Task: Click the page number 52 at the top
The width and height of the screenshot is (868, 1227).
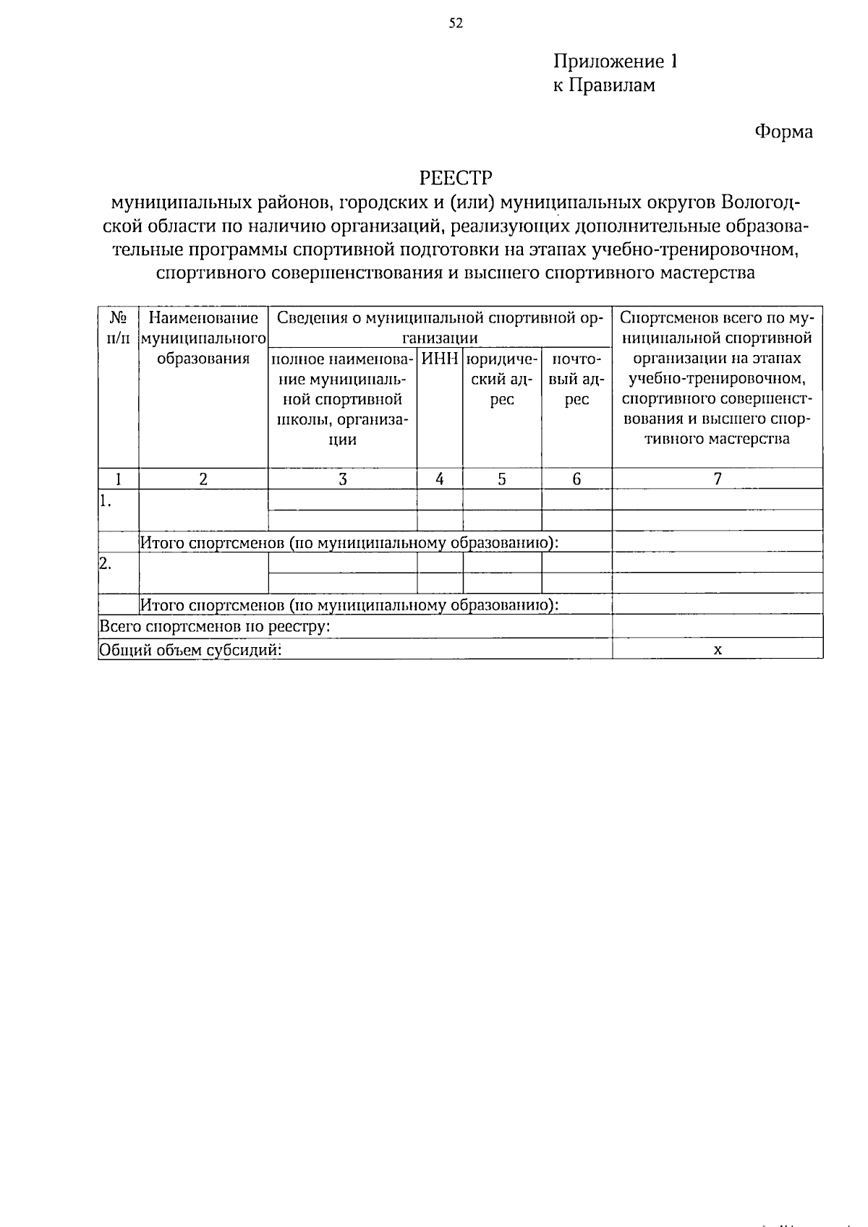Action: coord(455,23)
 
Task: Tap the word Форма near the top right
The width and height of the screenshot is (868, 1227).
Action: coord(783,132)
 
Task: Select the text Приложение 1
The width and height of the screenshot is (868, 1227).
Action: coord(616,61)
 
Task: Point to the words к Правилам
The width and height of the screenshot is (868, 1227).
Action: coord(604,85)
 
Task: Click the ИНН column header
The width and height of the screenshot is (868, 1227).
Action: coord(440,359)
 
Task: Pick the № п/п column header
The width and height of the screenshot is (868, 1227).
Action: coord(119,328)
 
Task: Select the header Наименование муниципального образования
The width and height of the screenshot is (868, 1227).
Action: coord(203,338)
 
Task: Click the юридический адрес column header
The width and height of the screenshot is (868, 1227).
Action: coord(502,379)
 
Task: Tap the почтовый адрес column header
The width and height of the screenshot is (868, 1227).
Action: coord(576,379)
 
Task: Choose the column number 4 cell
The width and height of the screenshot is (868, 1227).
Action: coord(440,479)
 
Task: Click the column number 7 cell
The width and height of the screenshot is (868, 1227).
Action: coord(718,479)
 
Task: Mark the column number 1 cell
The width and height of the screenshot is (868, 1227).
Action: coord(119,479)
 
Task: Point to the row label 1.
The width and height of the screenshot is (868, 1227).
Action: coord(106,500)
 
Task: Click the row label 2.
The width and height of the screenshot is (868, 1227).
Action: coord(106,563)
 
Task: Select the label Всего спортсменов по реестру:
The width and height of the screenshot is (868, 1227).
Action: coord(215,626)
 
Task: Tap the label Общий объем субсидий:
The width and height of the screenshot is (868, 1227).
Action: coord(190,649)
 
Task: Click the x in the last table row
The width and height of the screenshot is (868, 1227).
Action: coord(718,649)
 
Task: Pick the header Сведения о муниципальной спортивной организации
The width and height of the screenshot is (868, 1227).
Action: coord(440,328)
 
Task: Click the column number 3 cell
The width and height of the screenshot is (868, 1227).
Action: coord(342,479)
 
